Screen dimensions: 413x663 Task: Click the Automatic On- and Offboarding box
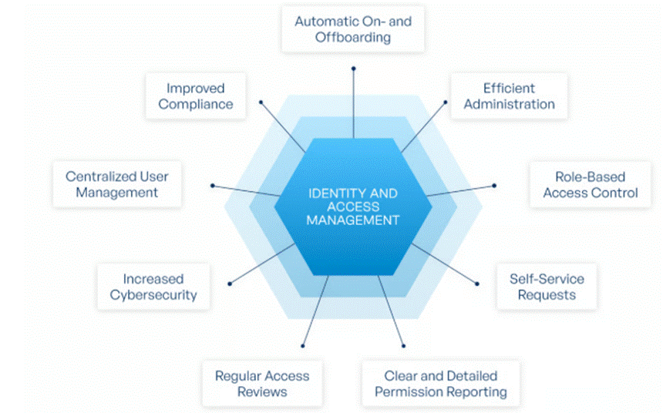(352, 29)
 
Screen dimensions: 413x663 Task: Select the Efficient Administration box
(509, 96)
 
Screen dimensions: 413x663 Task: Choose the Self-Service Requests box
(546, 287)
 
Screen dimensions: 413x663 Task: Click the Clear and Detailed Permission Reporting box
(440, 384)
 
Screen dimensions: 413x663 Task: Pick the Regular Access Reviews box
(261, 384)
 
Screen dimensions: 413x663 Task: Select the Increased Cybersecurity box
(153, 287)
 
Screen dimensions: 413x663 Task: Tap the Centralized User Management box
(116, 185)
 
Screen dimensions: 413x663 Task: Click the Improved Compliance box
(195, 96)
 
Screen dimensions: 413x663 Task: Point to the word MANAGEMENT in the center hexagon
(353, 220)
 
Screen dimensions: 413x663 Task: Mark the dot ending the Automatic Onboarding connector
(353, 69)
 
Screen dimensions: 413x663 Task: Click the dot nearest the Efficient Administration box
(446, 102)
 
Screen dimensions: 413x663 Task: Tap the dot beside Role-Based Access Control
(494, 186)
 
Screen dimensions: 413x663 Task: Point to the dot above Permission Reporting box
(403, 345)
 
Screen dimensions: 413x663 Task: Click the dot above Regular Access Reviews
(303, 345)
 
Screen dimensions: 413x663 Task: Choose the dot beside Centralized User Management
(212, 186)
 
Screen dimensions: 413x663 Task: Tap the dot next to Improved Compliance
(261, 102)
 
